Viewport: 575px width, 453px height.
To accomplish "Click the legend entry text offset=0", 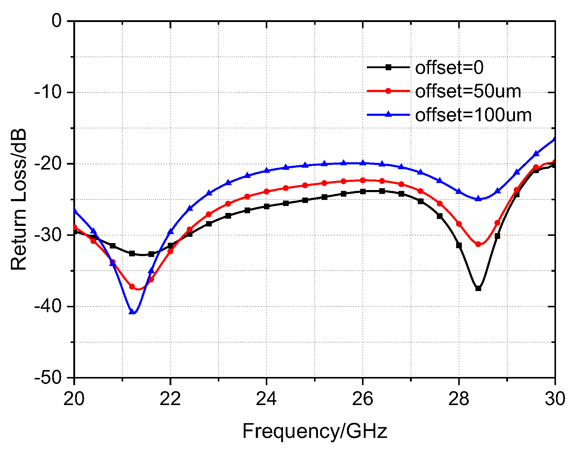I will tap(449, 68).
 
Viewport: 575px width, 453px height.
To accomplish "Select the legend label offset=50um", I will tap(468, 91).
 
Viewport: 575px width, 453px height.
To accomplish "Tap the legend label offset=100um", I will tap(473, 115).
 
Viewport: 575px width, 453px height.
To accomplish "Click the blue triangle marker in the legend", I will tap(389, 114).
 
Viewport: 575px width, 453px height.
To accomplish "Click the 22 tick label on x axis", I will tap(170, 399).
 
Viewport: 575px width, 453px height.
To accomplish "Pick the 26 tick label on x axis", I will tap(363, 399).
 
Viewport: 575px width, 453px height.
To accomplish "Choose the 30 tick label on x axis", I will tap(554, 399).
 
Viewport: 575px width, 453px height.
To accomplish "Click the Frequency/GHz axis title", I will tap(314, 431).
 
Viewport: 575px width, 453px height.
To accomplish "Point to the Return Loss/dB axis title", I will tap(19, 199).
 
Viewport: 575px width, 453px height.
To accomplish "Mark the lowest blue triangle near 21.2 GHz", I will tap(132, 312).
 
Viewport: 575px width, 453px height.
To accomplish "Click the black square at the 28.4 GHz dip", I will tap(478, 288).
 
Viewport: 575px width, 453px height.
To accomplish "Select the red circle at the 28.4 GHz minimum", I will tap(478, 244).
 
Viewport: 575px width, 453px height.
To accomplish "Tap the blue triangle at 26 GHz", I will tap(363, 163).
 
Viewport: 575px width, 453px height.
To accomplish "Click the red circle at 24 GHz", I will tap(266, 192).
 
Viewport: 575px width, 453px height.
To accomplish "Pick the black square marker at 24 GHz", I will tap(266, 206).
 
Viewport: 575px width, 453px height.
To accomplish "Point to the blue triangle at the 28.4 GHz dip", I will tap(478, 199).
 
